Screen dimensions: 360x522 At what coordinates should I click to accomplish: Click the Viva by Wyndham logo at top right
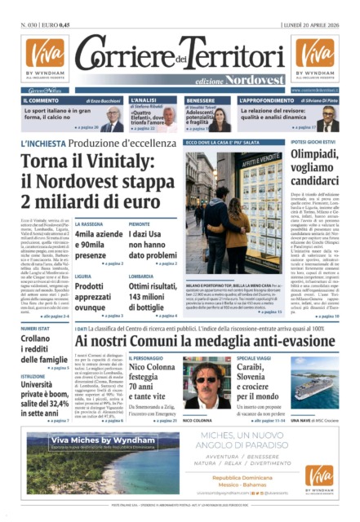coord(314,57)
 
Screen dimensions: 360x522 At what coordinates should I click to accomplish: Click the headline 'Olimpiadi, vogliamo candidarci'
coord(314,166)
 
